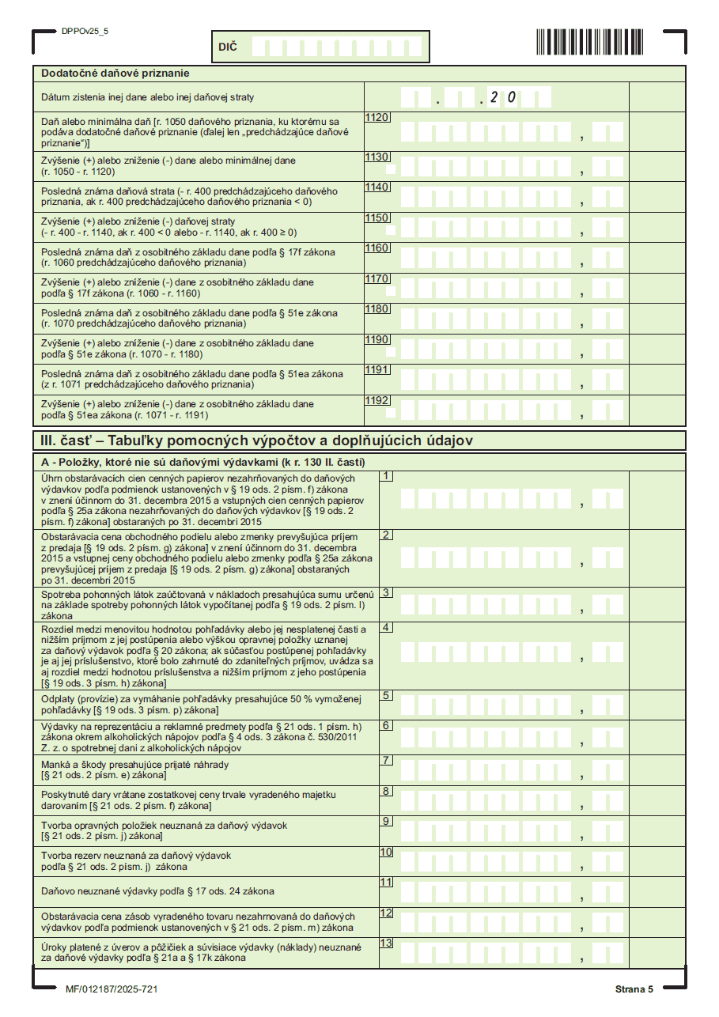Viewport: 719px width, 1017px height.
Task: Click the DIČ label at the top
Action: (x=227, y=47)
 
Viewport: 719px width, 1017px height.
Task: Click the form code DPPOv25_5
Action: (x=85, y=31)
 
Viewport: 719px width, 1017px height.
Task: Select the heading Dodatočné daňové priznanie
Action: (x=115, y=74)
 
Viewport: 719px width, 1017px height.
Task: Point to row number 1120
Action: (x=377, y=118)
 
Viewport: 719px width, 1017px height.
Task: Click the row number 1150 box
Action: (x=377, y=217)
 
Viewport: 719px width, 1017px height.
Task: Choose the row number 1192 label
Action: (x=377, y=400)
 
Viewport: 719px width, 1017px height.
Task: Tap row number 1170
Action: (x=377, y=278)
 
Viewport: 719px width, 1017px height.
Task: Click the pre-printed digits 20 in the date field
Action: (x=503, y=97)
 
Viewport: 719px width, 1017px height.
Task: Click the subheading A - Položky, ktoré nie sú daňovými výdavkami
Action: (x=202, y=462)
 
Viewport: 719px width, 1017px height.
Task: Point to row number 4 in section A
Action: (x=387, y=627)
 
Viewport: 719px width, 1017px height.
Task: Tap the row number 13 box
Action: (x=387, y=943)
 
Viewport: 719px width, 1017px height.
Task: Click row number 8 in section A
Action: (x=387, y=791)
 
